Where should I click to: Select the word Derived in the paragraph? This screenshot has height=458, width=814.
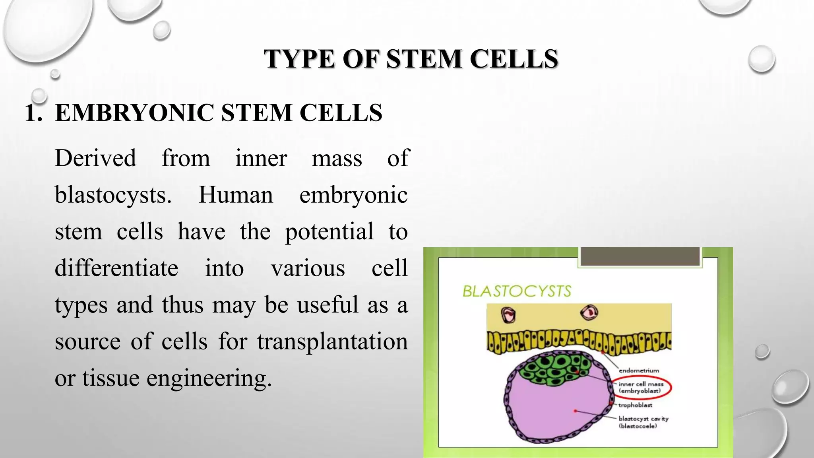pyautogui.click(x=95, y=158)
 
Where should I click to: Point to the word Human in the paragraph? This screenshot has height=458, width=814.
pyautogui.click(x=236, y=195)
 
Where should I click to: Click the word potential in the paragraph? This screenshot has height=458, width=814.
pyautogui.click(x=329, y=231)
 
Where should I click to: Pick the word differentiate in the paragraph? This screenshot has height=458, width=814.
pyautogui.click(x=116, y=268)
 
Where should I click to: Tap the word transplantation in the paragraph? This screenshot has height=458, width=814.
pyautogui.click(x=332, y=342)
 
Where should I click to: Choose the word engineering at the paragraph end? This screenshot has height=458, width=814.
pyautogui.click(x=209, y=378)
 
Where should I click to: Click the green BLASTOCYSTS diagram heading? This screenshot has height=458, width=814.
pyautogui.click(x=517, y=291)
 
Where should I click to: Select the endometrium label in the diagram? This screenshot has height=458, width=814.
pyautogui.click(x=639, y=371)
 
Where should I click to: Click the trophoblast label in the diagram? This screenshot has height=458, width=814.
pyautogui.click(x=635, y=405)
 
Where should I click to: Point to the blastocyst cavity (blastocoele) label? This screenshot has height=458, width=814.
pyautogui.click(x=643, y=422)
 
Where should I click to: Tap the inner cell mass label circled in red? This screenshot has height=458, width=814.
pyautogui.click(x=641, y=388)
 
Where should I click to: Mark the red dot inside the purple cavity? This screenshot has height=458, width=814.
pyautogui.click(x=575, y=411)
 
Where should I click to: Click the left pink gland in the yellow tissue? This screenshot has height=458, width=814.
pyautogui.click(x=508, y=315)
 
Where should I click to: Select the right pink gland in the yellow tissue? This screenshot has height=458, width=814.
pyautogui.click(x=589, y=312)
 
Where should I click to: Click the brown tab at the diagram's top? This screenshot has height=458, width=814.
pyautogui.click(x=640, y=256)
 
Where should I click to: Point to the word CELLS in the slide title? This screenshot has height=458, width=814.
pyautogui.click(x=514, y=59)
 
